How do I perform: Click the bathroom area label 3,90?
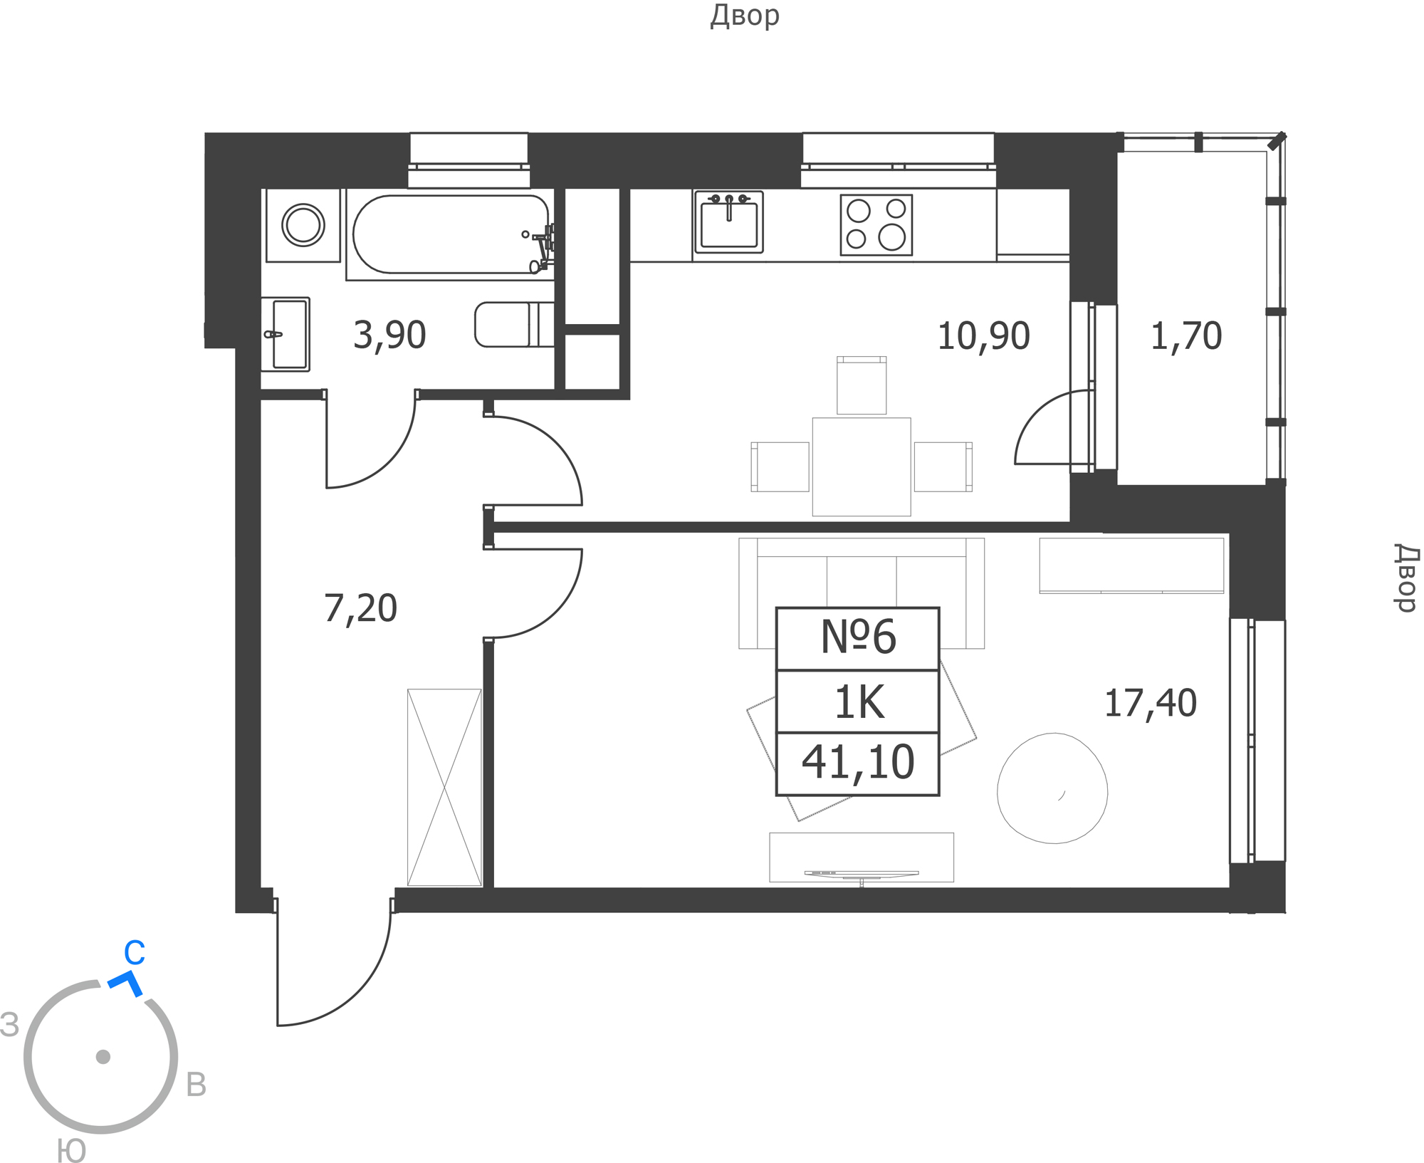pos(389,335)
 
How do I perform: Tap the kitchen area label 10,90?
pos(983,336)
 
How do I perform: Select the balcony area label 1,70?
pos(1186,336)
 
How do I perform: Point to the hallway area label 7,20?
pos(360,609)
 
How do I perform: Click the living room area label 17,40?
pos(1150,703)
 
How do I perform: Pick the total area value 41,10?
pos(858,762)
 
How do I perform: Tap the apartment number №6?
pos(858,637)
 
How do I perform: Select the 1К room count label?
pos(859,702)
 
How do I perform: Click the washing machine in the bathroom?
pos(303,225)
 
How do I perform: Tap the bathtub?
pos(451,234)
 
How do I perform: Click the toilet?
pos(514,324)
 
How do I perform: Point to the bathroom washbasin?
pos(286,334)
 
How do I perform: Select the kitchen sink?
pos(728,221)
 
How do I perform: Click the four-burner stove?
pos(876,225)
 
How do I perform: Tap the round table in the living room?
pos(1052,788)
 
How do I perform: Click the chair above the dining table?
pos(862,385)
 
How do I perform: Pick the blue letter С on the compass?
pos(135,953)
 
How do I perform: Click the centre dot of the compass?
pos(103,1057)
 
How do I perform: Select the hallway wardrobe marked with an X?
pos(444,788)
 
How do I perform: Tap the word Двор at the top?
pos(745,16)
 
